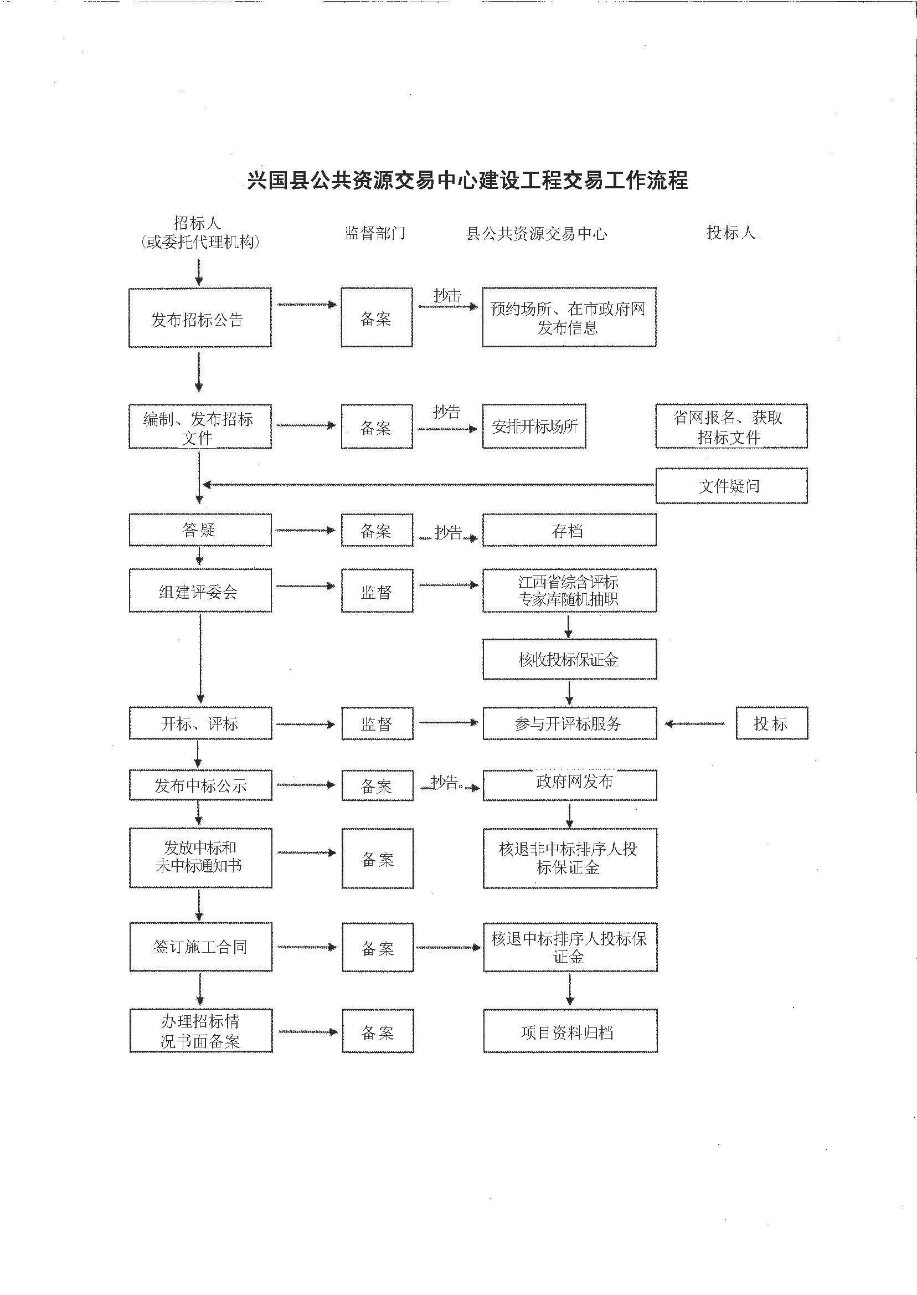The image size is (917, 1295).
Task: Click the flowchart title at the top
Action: (467, 180)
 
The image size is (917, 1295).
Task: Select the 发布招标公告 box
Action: (200, 317)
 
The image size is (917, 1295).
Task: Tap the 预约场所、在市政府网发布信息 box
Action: (569, 317)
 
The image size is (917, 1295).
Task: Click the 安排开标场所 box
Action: (534, 426)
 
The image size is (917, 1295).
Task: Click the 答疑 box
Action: (200, 530)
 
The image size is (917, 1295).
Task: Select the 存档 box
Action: (569, 530)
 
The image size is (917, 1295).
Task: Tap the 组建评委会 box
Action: (200, 591)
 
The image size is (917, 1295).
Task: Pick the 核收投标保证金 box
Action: (569, 659)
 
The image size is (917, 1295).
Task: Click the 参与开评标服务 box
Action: (569, 723)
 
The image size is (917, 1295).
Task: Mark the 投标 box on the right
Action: (771, 723)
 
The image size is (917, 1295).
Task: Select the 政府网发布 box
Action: (569, 784)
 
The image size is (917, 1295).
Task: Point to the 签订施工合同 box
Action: (200, 947)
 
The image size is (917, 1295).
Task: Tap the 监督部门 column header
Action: (375, 233)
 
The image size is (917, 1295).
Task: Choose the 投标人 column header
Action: (730, 232)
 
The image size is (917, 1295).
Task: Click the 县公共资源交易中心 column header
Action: (536, 233)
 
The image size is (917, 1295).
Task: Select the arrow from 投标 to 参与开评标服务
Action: (695, 724)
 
